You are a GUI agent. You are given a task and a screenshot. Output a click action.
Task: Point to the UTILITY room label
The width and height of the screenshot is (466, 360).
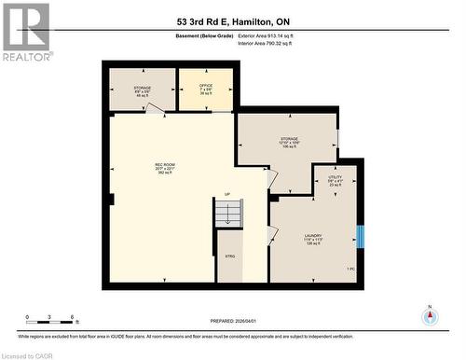click(335, 181)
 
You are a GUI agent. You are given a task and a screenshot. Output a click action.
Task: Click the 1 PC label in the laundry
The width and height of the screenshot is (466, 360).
click(350, 268)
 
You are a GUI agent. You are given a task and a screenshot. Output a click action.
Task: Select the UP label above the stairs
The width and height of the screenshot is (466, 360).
click(226, 194)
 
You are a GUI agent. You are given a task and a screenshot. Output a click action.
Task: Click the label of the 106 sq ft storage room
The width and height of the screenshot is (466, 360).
click(289, 143)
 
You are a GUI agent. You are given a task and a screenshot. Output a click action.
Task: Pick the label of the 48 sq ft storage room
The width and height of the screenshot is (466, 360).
click(142, 91)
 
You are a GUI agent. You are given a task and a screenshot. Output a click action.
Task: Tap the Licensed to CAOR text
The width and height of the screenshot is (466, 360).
click(28, 354)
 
